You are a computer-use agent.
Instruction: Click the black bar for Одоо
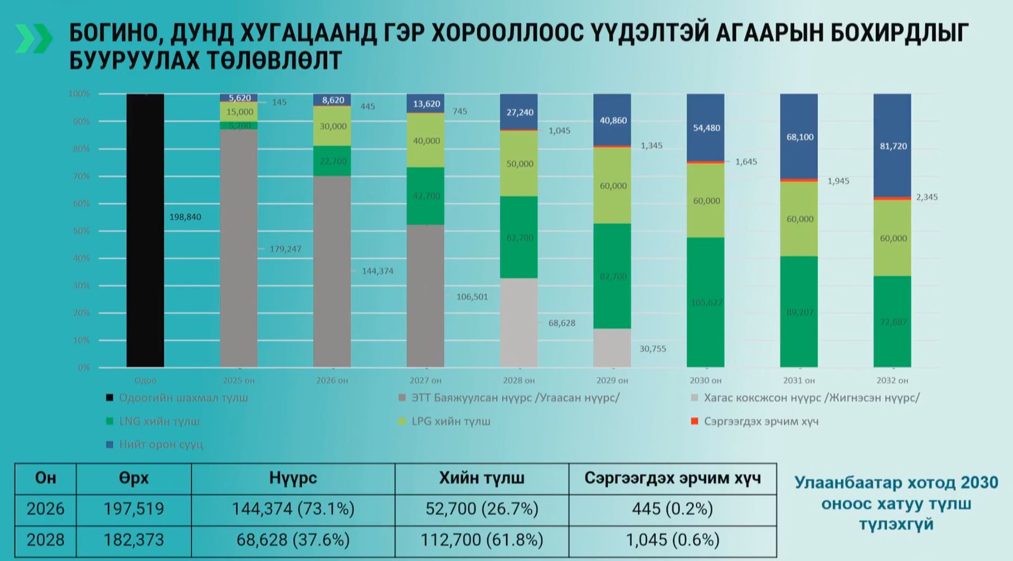click(x=145, y=231)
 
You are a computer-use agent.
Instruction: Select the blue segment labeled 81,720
click(x=893, y=145)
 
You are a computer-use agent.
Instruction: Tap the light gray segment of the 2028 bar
click(x=519, y=323)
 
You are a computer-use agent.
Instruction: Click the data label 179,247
click(x=286, y=249)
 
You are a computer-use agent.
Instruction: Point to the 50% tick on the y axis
click(x=81, y=231)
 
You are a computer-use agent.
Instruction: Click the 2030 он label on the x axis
click(x=705, y=381)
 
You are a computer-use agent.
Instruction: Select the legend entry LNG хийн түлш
click(x=159, y=421)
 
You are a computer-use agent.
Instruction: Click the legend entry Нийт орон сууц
click(x=161, y=445)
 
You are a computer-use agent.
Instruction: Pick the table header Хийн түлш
click(x=482, y=478)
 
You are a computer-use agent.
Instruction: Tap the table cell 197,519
click(x=134, y=509)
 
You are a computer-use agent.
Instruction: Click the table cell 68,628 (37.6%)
click(x=293, y=540)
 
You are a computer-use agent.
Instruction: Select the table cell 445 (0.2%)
click(x=672, y=509)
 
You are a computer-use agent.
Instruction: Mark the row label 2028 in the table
click(x=46, y=540)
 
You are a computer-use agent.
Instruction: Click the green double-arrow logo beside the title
click(x=34, y=39)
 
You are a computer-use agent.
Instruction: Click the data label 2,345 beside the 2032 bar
click(x=926, y=197)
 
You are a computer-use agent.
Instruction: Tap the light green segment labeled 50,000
click(x=519, y=164)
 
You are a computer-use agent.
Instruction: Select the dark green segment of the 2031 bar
click(x=799, y=312)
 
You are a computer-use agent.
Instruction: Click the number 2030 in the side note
click(x=979, y=483)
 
